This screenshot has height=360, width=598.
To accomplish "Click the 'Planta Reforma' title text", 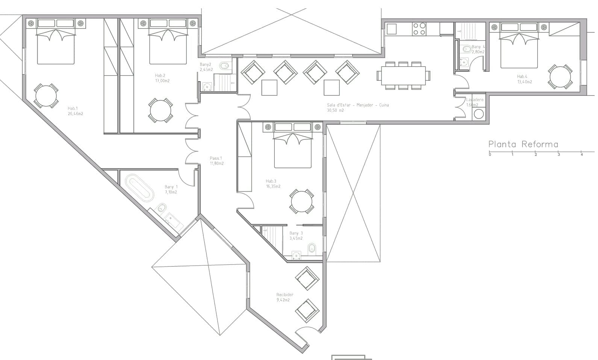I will tap(523, 144).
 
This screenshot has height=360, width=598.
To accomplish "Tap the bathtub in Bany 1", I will tap(139, 188).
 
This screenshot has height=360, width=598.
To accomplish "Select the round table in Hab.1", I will tap(46, 96).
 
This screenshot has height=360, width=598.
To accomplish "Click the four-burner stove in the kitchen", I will tap(419, 29).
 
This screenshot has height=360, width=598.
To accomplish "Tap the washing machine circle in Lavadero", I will tap(478, 114).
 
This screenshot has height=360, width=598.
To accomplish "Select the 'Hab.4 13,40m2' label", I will tap(524, 79).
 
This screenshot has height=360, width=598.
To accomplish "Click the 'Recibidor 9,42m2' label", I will tap(285, 297).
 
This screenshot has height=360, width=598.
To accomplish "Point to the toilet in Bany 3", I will tap(312, 248).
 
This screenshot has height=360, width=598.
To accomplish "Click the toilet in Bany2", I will tap(224, 67).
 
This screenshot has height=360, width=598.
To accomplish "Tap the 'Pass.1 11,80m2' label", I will tap(216, 161).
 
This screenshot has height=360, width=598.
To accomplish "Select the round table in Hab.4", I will tap(560, 77).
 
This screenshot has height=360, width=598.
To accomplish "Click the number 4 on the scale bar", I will tap(581, 154).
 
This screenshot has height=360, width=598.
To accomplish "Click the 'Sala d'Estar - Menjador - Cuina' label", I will tap(357, 105).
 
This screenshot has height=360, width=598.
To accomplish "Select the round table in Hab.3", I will tap(301, 202).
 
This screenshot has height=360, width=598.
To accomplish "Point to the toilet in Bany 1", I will tap(162, 208).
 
